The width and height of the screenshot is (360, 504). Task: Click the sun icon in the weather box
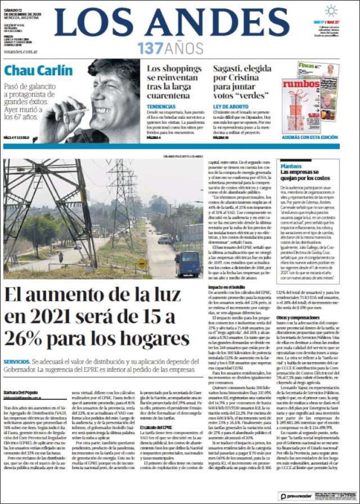[331, 11]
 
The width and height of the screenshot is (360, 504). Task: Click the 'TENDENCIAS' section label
[161, 106]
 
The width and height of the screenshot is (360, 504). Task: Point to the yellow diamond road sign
[142, 263]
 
